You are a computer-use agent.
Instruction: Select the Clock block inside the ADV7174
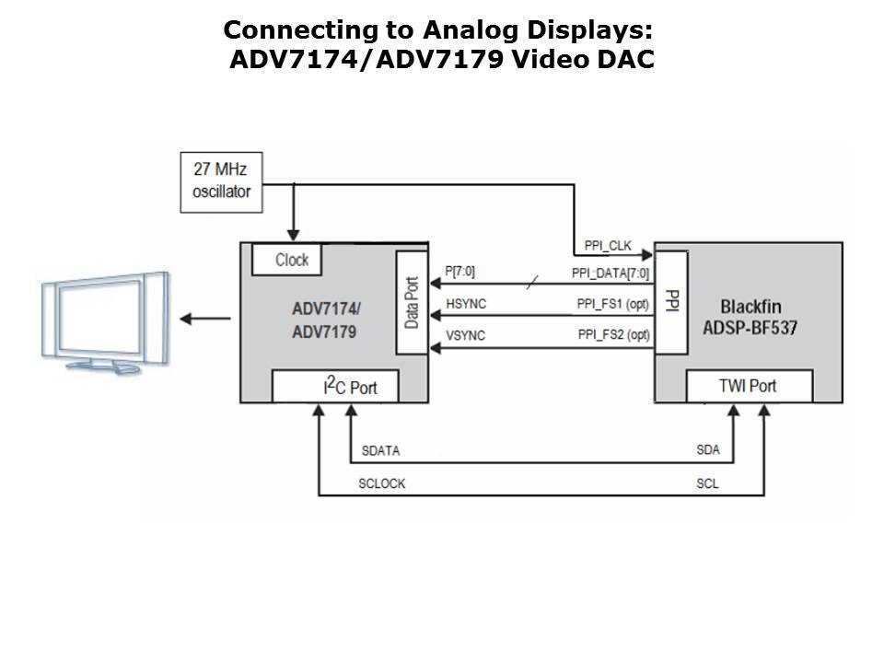pos(292,260)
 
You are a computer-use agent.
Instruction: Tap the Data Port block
pos(411,302)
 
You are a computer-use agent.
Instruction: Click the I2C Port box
pos(337,387)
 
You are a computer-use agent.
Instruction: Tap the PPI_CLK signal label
pos(607,247)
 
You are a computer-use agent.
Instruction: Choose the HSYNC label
pos(465,303)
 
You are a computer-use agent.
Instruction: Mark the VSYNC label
pos(465,335)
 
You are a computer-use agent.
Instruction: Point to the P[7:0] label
pos(460,273)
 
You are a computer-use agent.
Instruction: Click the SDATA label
pos(381,451)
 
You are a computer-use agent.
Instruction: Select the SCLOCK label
pos(382,483)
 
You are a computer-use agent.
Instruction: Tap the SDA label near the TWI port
pos(708,451)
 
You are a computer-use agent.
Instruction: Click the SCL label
pos(707,483)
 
